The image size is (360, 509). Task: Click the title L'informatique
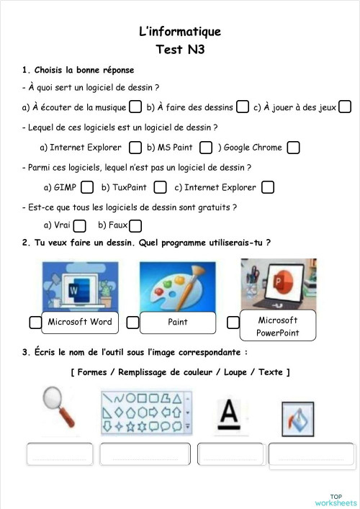[x=179, y=32]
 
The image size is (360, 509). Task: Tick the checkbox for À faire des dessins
[x=243, y=107]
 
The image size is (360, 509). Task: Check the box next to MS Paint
[x=205, y=148]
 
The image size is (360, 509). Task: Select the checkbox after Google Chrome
[x=292, y=148]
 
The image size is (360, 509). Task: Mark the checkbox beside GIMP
[x=87, y=187]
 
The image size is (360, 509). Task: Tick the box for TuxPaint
[x=160, y=187]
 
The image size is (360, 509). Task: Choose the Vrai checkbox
[x=79, y=226]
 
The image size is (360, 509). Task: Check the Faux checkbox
[x=135, y=226]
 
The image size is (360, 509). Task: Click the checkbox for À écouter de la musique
[x=135, y=107]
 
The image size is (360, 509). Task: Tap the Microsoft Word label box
[x=80, y=323]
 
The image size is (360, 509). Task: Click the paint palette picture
[x=176, y=286]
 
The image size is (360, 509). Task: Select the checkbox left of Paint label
[x=132, y=323]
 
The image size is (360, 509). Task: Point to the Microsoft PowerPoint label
[x=277, y=326]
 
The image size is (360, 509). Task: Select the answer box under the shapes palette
[x=145, y=455]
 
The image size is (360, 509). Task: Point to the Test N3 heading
[x=179, y=50]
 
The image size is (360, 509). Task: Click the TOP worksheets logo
[x=336, y=499]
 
